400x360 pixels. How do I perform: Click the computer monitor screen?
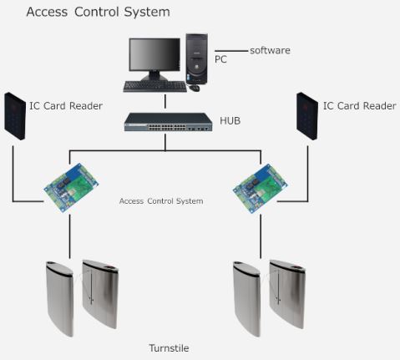pos(154,55)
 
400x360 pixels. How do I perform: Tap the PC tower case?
pos(197,58)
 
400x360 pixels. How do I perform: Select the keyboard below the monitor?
pos(155,86)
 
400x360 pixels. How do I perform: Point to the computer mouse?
pos(195,88)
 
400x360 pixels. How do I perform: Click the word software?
pos(270,50)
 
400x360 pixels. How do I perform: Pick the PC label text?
pos(220,59)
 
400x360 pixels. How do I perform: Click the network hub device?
pos(168,122)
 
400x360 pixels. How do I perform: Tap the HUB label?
pos(230,121)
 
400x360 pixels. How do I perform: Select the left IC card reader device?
pos(15,116)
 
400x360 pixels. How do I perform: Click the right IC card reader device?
pos(307,116)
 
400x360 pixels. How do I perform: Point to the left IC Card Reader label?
pos(66,106)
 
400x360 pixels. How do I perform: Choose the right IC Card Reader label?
pos(360,106)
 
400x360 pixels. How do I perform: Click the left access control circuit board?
pos(71,188)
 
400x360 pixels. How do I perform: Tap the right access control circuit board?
pos(261,188)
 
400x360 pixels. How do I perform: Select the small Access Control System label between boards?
pos(161,201)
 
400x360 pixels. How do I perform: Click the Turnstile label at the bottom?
pos(169,348)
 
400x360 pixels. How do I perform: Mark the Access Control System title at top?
pos(98,12)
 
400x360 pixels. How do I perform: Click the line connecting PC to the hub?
pos(165,101)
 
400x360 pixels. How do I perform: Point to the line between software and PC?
pos(231,51)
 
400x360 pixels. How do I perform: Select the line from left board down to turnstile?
pos(69,236)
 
